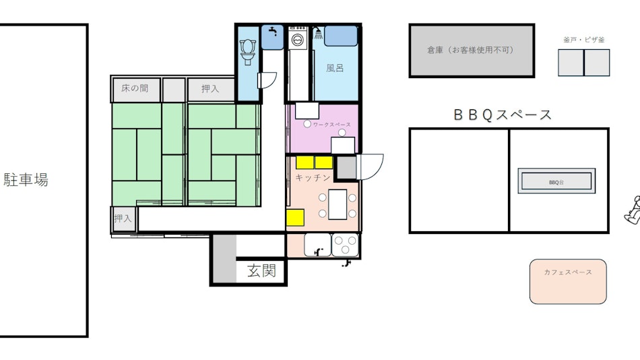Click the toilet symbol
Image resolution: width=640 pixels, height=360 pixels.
tap(248, 51)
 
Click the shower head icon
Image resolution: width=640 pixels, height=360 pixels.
tap(318, 33)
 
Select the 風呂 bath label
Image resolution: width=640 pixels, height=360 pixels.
tap(335, 68)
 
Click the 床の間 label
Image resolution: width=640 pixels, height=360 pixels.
tap(135, 88)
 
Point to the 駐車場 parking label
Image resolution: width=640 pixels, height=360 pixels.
tap(26, 180)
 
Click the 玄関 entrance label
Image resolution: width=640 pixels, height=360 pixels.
tap(261, 270)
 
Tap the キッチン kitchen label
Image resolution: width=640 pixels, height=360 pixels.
tap(313, 177)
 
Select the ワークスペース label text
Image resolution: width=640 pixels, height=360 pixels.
tap(332, 125)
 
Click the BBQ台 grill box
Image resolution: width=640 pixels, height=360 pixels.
tap(556, 181)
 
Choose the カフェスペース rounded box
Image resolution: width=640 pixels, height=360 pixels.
tap(568, 282)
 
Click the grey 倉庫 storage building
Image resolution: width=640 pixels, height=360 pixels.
tap(472, 51)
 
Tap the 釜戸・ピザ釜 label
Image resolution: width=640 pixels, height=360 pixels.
tap(584, 40)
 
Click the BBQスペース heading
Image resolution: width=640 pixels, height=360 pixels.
tap(503, 115)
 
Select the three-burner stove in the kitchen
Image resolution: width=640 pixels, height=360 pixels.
tap(346, 245)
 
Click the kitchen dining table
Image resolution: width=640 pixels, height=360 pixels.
tap(338, 204)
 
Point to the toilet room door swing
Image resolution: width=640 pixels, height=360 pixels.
tap(267, 80)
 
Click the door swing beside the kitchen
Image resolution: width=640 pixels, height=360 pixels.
tap(370, 167)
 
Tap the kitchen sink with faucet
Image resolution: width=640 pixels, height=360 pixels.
tap(317, 245)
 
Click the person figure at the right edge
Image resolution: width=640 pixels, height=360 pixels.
tap(633, 210)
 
